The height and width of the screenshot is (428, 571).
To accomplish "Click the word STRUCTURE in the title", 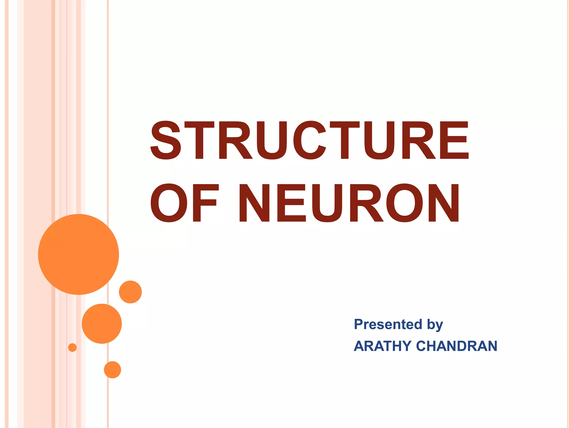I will (309, 140).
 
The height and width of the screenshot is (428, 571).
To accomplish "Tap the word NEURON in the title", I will (349, 203).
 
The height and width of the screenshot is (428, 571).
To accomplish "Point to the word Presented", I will (388, 324).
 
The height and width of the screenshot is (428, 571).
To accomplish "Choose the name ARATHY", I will (383, 346).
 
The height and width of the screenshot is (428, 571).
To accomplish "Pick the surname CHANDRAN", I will (457, 346).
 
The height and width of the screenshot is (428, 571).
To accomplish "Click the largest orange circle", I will (79, 254).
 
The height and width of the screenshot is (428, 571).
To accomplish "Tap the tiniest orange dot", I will (72, 347).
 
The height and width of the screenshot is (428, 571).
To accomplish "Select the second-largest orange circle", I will (102, 324).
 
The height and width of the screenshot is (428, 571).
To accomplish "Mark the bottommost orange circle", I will (112, 370).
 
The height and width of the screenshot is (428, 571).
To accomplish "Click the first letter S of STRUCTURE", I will (166, 140).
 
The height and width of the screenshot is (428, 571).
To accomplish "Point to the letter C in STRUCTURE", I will (310, 140).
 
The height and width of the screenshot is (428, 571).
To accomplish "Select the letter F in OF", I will (204, 203).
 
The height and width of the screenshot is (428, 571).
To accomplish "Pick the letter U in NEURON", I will (327, 203).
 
